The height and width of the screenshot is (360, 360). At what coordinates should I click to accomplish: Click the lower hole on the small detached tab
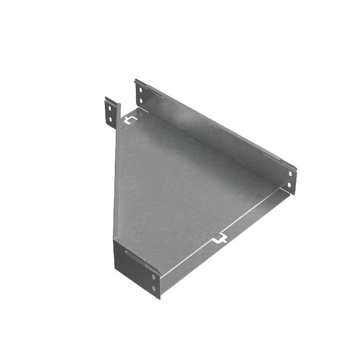click(111, 119)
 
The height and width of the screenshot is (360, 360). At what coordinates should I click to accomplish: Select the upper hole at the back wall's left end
click(141, 90)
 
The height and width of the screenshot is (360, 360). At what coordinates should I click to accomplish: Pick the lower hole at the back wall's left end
click(141, 100)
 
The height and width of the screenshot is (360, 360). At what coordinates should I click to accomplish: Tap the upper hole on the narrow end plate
click(154, 279)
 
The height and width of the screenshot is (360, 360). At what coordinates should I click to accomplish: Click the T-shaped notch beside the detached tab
click(130, 120)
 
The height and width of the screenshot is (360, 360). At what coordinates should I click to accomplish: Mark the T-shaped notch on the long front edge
click(220, 238)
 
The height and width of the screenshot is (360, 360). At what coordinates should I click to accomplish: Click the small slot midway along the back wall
click(211, 124)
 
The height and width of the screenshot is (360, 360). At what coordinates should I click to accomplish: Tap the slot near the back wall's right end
click(273, 157)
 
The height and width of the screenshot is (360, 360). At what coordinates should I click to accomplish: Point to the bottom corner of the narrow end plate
click(159, 298)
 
